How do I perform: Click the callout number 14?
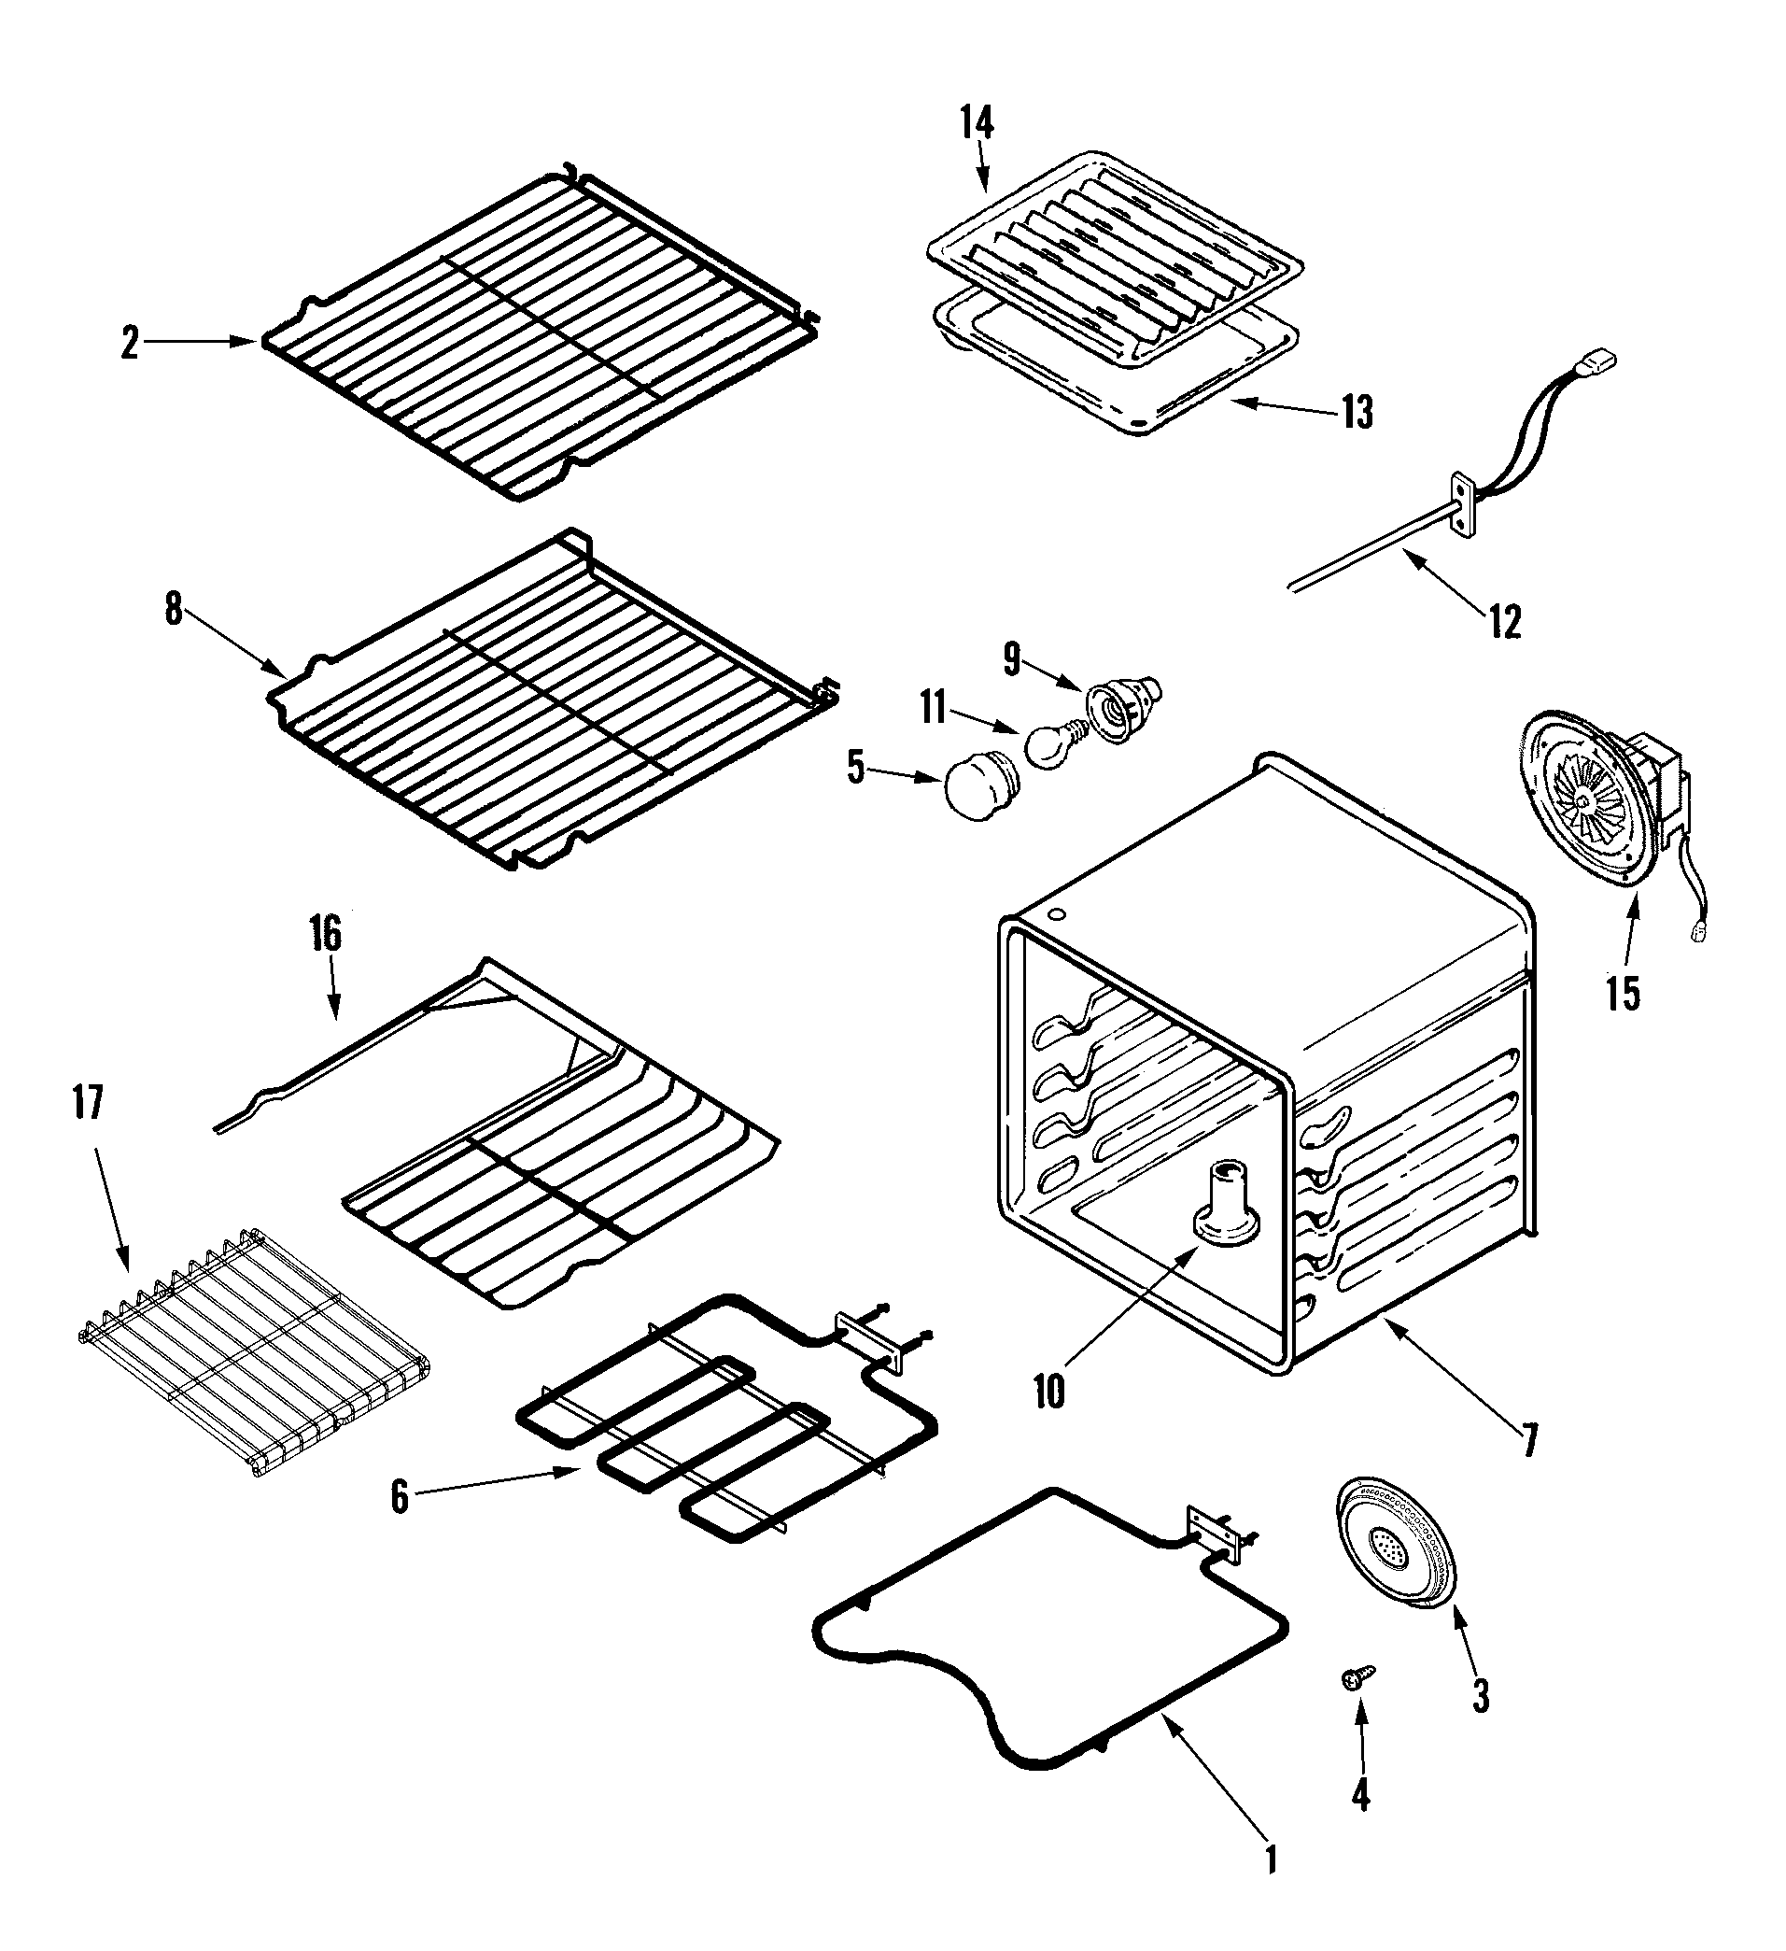pos(977,123)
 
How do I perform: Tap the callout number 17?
pos(87,1103)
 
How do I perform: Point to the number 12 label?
pos(1504,621)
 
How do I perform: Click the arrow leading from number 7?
pos(1451,1369)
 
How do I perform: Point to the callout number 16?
pos(326,934)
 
